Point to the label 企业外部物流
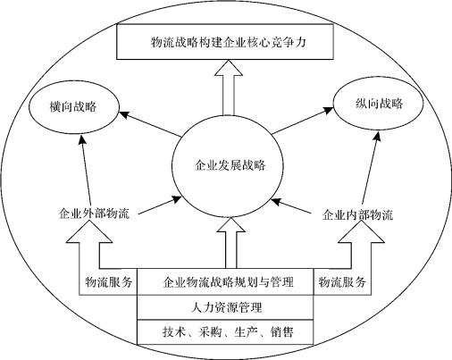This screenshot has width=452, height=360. pyautogui.click(x=94, y=213)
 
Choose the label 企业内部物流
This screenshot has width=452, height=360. pyautogui.click(x=357, y=214)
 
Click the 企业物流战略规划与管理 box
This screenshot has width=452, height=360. pyautogui.click(x=225, y=281)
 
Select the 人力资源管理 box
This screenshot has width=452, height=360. pyautogui.click(x=225, y=307)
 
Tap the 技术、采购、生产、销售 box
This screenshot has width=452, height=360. pyautogui.click(x=225, y=332)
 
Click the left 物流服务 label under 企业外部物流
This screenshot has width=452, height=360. pyautogui.click(x=108, y=281)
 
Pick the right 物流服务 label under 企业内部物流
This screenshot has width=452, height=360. pyautogui.click(x=342, y=281)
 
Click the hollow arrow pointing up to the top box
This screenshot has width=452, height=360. pyautogui.click(x=229, y=88)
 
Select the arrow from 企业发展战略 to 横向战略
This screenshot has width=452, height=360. pyautogui.click(x=150, y=124)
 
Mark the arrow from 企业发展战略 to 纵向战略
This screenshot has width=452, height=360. pyautogui.click(x=302, y=121)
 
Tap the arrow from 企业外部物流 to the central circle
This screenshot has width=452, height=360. pyautogui.click(x=160, y=205)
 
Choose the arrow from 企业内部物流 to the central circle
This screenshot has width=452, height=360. pyautogui.click(x=291, y=206)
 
